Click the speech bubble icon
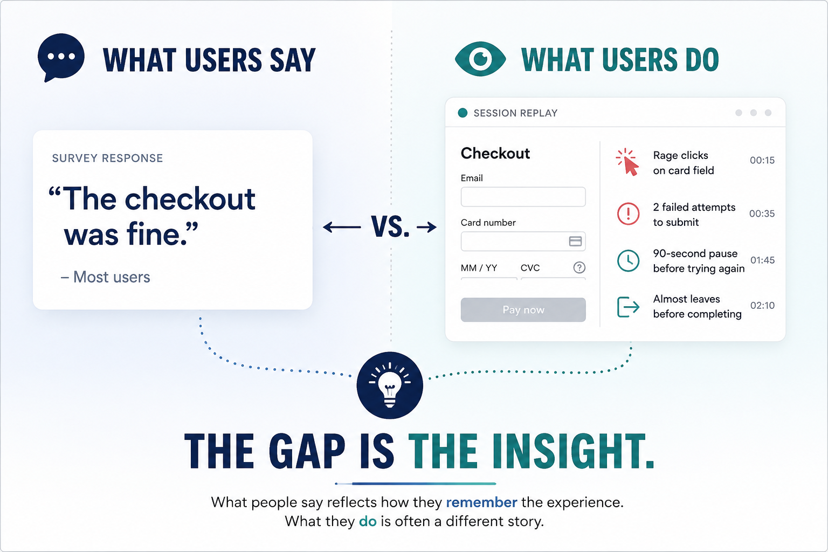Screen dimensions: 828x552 pyautogui.click(x=61, y=57)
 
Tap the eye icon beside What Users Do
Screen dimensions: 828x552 pyautogui.click(x=480, y=59)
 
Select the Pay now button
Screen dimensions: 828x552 pyautogui.click(x=523, y=309)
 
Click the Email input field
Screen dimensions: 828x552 pyautogui.click(x=523, y=197)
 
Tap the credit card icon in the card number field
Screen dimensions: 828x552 pyautogui.click(x=575, y=241)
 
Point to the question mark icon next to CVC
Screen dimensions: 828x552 pyautogui.click(x=579, y=267)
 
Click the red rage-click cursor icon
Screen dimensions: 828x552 pyautogui.click(x=627, y=162)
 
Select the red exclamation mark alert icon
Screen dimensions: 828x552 pyautogui.click(x=628, y=213)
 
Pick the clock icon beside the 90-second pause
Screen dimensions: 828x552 pyautogui.click(x=628, y=260)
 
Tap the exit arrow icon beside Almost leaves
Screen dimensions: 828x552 pyautogui.click(x=628, y=307)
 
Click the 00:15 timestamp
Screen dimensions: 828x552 pyautogui.click(x=762, y=160)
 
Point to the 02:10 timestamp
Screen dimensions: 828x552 pyautogui.click(x=762, y=306)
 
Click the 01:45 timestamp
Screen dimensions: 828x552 pyautogui.click(x=762, y=260)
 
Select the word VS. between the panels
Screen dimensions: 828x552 pyautogui.click(x=390, y=226)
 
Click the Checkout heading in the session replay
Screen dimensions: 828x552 pyautogui.click(x=495, y=153)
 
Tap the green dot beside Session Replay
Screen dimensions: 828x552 pyautogui.click(x=463, y=113)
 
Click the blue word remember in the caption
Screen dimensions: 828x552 pyautogui.click(x=481, y=502)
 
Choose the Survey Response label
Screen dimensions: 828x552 pyautogui.click(x=107, y=158)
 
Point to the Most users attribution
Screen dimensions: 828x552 pyautogui.click(x=105, y=277)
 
